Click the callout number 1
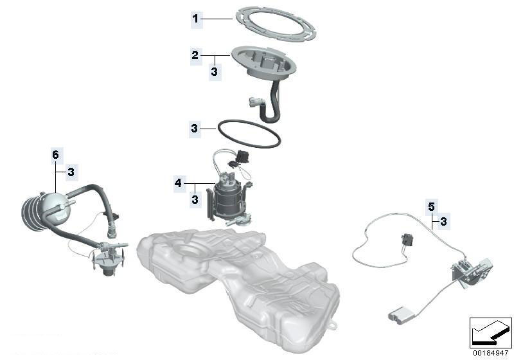point(196,19)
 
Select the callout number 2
point(195,55)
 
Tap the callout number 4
point(178,183)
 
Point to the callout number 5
point(431,207)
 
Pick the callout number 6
point(56,154)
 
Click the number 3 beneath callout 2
point(215,71)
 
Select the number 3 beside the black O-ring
point(195,128)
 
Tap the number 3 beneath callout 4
point(195,199)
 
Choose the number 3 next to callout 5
point(443,222)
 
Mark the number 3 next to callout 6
point(71,172)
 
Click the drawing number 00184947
point(490,353)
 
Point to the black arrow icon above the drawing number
point(491,333)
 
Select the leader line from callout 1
point(217,19)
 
